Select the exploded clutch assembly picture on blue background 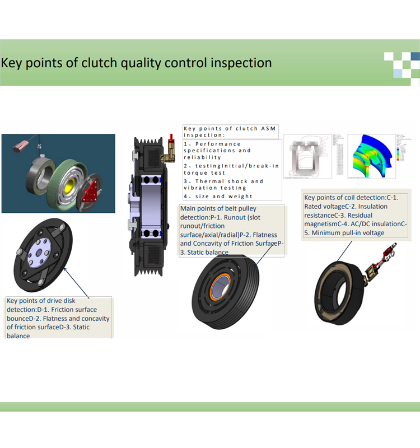(58, 173)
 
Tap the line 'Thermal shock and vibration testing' (223, 185)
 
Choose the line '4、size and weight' (218, 196)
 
